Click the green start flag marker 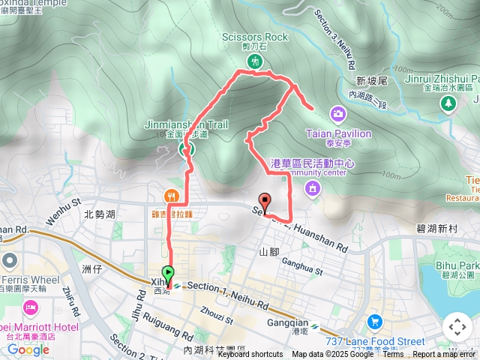click(168, 275)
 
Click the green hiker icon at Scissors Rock click(256, 60)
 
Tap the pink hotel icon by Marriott click(31, 307)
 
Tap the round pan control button click(457, 327)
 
